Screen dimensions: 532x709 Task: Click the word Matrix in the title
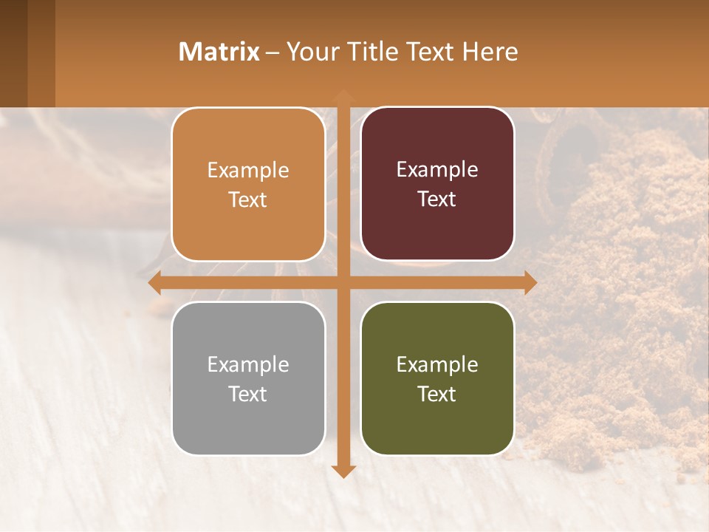pos(219,52)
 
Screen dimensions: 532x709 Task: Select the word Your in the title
pos(309,52)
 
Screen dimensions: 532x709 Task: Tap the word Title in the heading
pos(366,52)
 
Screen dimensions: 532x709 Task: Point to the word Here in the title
pos(490,52)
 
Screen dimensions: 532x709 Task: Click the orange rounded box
pos(248,185)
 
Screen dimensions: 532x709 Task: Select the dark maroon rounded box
pos(437,184)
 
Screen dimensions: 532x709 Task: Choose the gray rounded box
pos(248,378)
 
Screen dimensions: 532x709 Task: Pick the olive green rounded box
pos(437,378)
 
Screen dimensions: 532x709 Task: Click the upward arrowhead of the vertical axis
pos(343,96)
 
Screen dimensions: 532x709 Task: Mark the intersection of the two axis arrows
pos(343,282)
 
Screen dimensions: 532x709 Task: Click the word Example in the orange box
pos(248,171)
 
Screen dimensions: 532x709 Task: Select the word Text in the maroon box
pos(437,199)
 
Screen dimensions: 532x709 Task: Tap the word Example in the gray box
pos(248,364)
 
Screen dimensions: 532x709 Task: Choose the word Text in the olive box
pos(437,394)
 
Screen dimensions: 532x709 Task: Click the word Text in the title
pos(430,52)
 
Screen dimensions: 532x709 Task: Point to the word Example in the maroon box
pos(437,170)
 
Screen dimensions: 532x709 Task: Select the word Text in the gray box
pos(248,394)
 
